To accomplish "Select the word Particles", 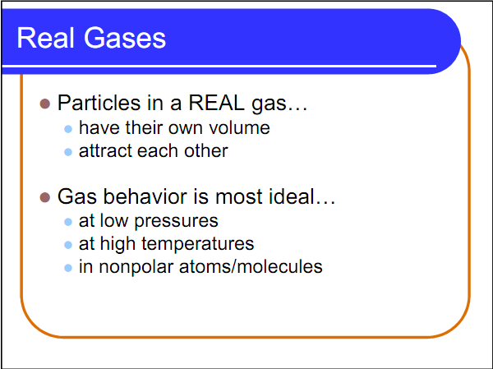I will coord(95,104).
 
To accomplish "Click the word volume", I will coord(241,128).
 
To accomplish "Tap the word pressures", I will coord(177,222).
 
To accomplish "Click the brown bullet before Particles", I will coord(46,104).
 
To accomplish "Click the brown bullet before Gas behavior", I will coord(46,198).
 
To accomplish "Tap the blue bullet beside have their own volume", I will coord(69,129).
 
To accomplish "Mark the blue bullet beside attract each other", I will coord(69,152).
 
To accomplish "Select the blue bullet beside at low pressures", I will coord(69,222).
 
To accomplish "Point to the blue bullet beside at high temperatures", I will coord(69,245).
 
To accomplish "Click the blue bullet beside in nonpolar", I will coord(69,268).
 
